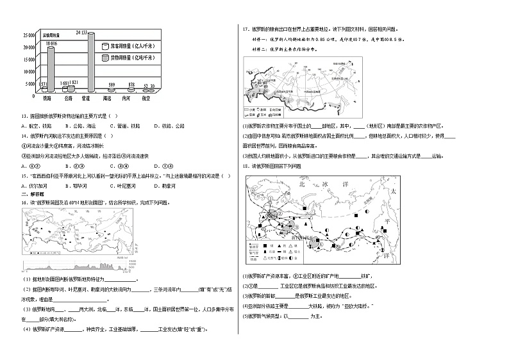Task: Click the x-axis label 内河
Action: click(x=131, y=100)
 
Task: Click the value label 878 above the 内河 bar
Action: click(x=131, y=85)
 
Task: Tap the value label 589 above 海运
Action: click(x=112, y=85)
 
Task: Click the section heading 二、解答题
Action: click(x=30, y=193)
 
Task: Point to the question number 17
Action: click(x=244, y=29)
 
